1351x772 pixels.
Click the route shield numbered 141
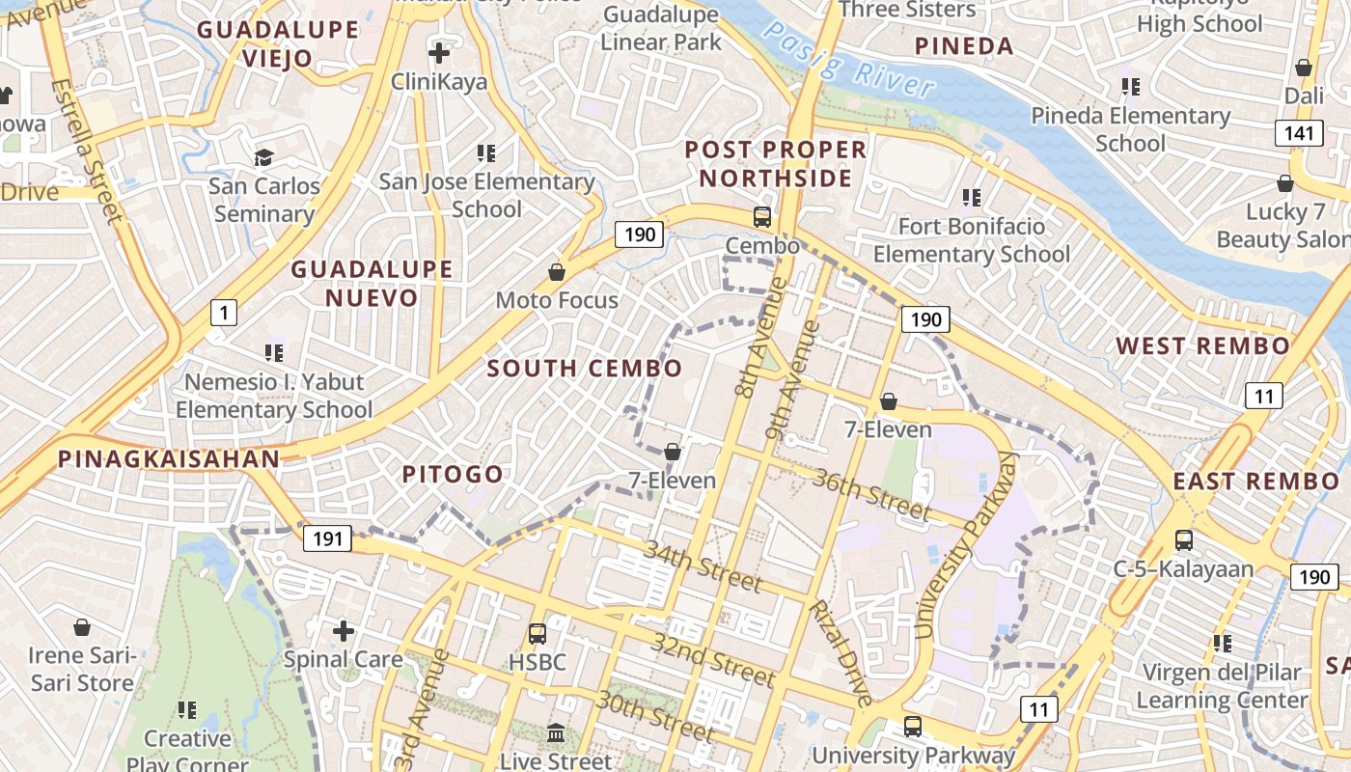(1298, 133)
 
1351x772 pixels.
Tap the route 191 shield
(328, 538)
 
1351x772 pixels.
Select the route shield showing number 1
(224, 313)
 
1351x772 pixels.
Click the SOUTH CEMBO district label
(584, 368)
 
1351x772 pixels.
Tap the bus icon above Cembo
(762, 216)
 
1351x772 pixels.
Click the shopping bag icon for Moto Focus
(557, 272)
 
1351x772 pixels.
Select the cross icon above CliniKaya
(439, 52)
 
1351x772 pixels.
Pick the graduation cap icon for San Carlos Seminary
(263, 156)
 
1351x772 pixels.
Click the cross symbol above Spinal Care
(343, 631)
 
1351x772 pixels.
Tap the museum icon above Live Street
(556, 733)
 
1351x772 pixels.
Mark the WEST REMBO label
(1202, 345)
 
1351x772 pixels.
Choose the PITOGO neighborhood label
(453, 474)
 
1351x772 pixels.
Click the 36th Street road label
(872, 493)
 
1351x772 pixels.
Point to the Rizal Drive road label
(840, 652)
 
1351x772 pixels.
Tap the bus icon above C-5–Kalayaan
(1183, 540)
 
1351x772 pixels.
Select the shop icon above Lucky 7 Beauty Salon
(1284, 183)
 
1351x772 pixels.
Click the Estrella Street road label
(89, 151)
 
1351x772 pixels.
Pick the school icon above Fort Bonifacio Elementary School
(971, 198)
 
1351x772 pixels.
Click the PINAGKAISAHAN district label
(169, 458)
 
